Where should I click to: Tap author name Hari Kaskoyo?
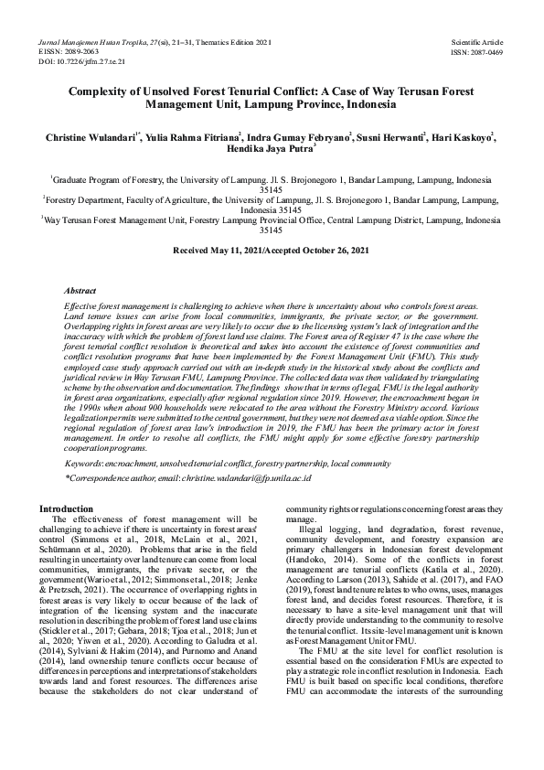point(459,136)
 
